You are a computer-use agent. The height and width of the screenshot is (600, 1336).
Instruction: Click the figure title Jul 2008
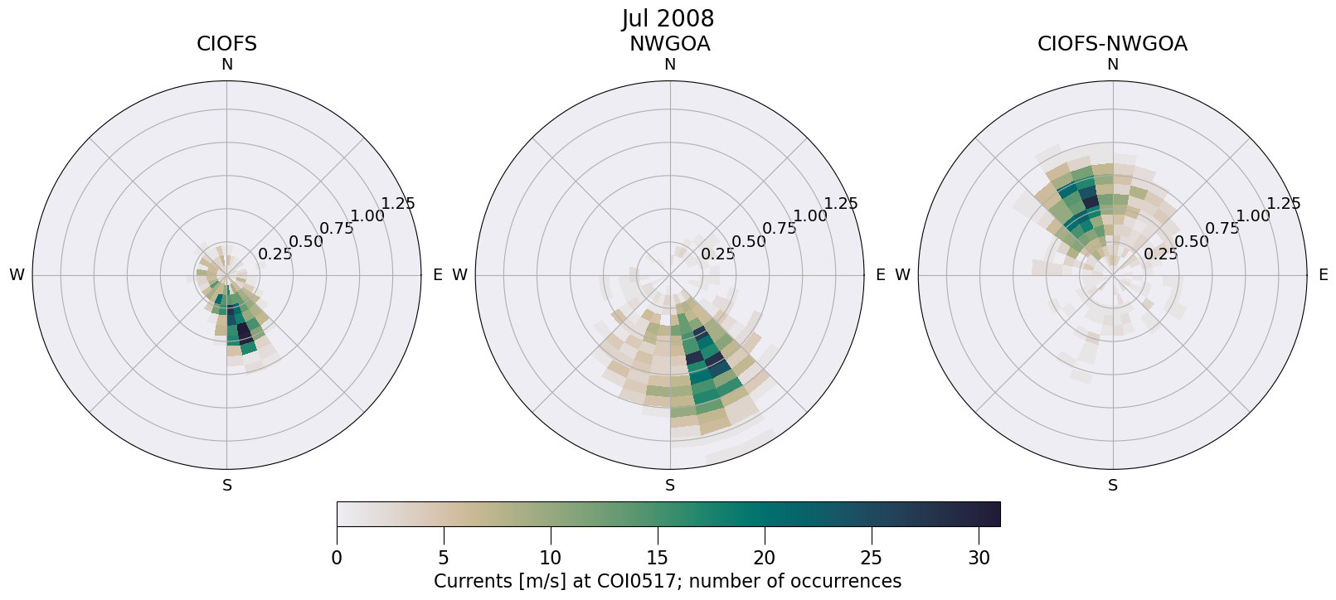668,18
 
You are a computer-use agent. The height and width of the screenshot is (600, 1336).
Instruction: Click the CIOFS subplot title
226,44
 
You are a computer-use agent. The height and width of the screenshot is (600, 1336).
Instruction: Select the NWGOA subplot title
669,44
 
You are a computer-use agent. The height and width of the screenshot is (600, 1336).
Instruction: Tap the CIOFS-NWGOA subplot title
1112,44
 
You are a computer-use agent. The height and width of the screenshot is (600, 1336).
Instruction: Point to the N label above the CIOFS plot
226,65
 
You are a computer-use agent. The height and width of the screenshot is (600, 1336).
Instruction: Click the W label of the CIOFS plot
17,275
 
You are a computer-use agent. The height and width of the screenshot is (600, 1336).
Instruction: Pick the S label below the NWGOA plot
669,486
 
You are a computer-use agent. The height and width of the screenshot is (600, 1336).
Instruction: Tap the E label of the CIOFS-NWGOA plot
1323,275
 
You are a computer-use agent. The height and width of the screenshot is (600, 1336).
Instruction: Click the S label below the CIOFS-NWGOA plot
1112,486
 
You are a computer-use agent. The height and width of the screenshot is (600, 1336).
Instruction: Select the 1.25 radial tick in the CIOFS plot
398,204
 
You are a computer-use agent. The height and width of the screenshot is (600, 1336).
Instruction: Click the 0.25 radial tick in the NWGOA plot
718,254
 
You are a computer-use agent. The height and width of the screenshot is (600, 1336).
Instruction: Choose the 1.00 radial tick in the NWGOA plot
810,216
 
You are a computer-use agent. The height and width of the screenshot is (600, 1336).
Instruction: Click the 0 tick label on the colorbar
337,558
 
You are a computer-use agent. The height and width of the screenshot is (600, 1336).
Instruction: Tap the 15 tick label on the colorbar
658,558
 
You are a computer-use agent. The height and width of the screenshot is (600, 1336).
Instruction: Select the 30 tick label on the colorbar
979,558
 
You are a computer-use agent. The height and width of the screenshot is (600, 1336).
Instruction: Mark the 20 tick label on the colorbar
765,558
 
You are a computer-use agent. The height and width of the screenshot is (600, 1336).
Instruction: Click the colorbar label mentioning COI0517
668,581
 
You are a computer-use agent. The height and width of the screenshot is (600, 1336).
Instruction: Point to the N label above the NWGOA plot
669,65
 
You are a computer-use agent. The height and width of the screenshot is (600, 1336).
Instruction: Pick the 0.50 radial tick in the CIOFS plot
306,242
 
